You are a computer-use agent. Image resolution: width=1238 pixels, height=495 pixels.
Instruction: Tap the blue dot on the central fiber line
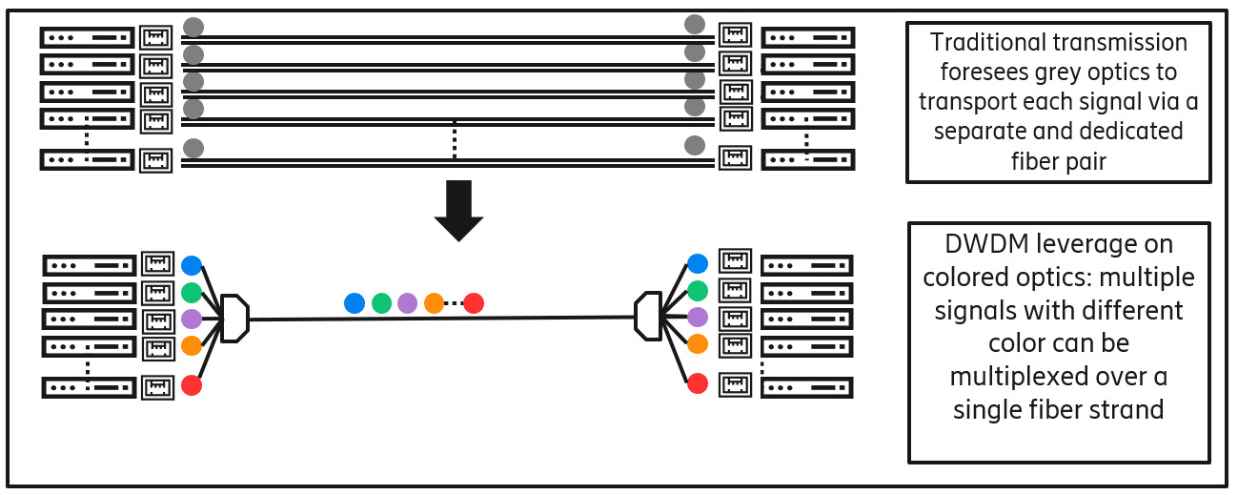pyautogui.click(x=355, y=303)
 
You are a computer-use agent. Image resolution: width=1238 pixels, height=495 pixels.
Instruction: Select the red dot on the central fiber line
pyautogui.click(x=474, y=303)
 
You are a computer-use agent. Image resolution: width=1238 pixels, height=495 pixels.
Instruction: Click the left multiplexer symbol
pyautogui.click(x=234, y=319)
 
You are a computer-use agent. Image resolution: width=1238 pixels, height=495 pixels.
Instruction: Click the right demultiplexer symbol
pyautogui.click(x=648, y=316)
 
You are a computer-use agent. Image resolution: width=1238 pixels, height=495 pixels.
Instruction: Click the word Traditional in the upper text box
pyautogui.click(x=989, y=43)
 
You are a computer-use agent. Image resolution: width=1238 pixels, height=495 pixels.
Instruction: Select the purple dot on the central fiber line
pyautogui.click(x=408, y=303)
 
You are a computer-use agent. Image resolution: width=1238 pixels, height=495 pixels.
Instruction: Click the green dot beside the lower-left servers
pyautogui.click(x=192, y=292)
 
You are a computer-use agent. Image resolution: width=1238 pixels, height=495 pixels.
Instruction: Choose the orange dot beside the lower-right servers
pyautogui.click(x=698, y=343)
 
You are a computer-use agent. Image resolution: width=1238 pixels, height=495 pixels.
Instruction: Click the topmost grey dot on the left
pyautogui.click(x=193, y=27)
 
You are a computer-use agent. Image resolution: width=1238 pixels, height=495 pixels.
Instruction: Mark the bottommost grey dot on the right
pyautogui.click(x=695, y=145)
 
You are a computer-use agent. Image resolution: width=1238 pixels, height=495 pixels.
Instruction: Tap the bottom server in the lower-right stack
pyautogui.click(x=807, y=387)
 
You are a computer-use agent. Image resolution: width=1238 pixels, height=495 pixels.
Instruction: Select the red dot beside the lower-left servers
pyautogui.click(x=192, y=386)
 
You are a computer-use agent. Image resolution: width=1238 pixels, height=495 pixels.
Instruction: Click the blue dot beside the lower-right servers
pyautogui.click(x=698, y=263)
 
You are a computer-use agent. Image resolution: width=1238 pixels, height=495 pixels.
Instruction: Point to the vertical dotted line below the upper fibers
pyautogui.click(x=455, y=140)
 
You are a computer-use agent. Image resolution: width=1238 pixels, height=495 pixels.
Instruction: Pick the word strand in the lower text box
pyautogui.click(x=1130, y=410)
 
